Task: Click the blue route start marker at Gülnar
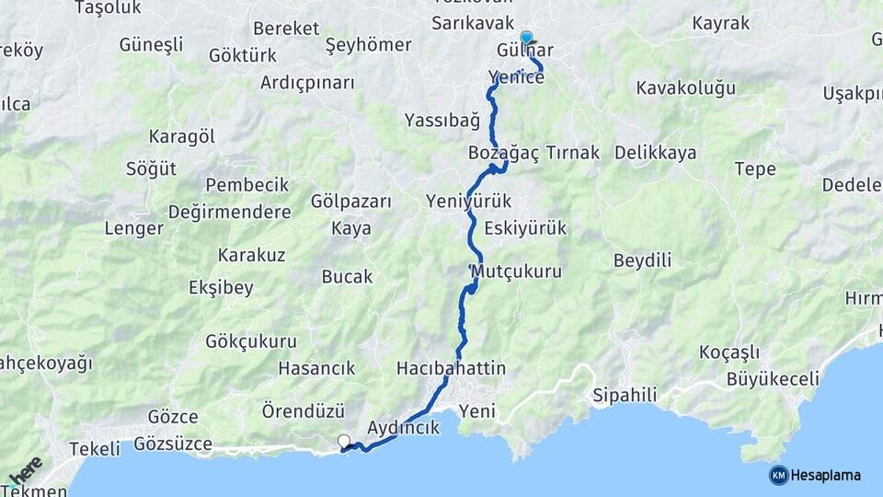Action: click(x=526, y=38)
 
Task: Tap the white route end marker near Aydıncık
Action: click(x=344, y=442)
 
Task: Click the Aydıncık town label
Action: click(x=403, y=428)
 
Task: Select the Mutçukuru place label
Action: click(x=516, y=272)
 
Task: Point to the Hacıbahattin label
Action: click(x=451, y=368)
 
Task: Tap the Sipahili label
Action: click(x=625, y=395)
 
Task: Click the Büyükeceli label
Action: click(x=773, y=378)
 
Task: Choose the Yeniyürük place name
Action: click(x=469, y=201)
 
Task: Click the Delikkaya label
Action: click(x=655, y=153)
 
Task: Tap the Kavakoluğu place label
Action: click(x=686, y=88)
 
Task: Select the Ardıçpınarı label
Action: click(x=307, y=83)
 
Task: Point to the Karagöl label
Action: click(x=182, y=136)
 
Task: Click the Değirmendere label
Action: click(x=230, y=212)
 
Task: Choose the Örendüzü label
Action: click(x=303, y=410)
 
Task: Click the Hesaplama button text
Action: click(x=826, y=475)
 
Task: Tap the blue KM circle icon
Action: click(x=778, y=475)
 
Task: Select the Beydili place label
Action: click(x=642, y=260)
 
